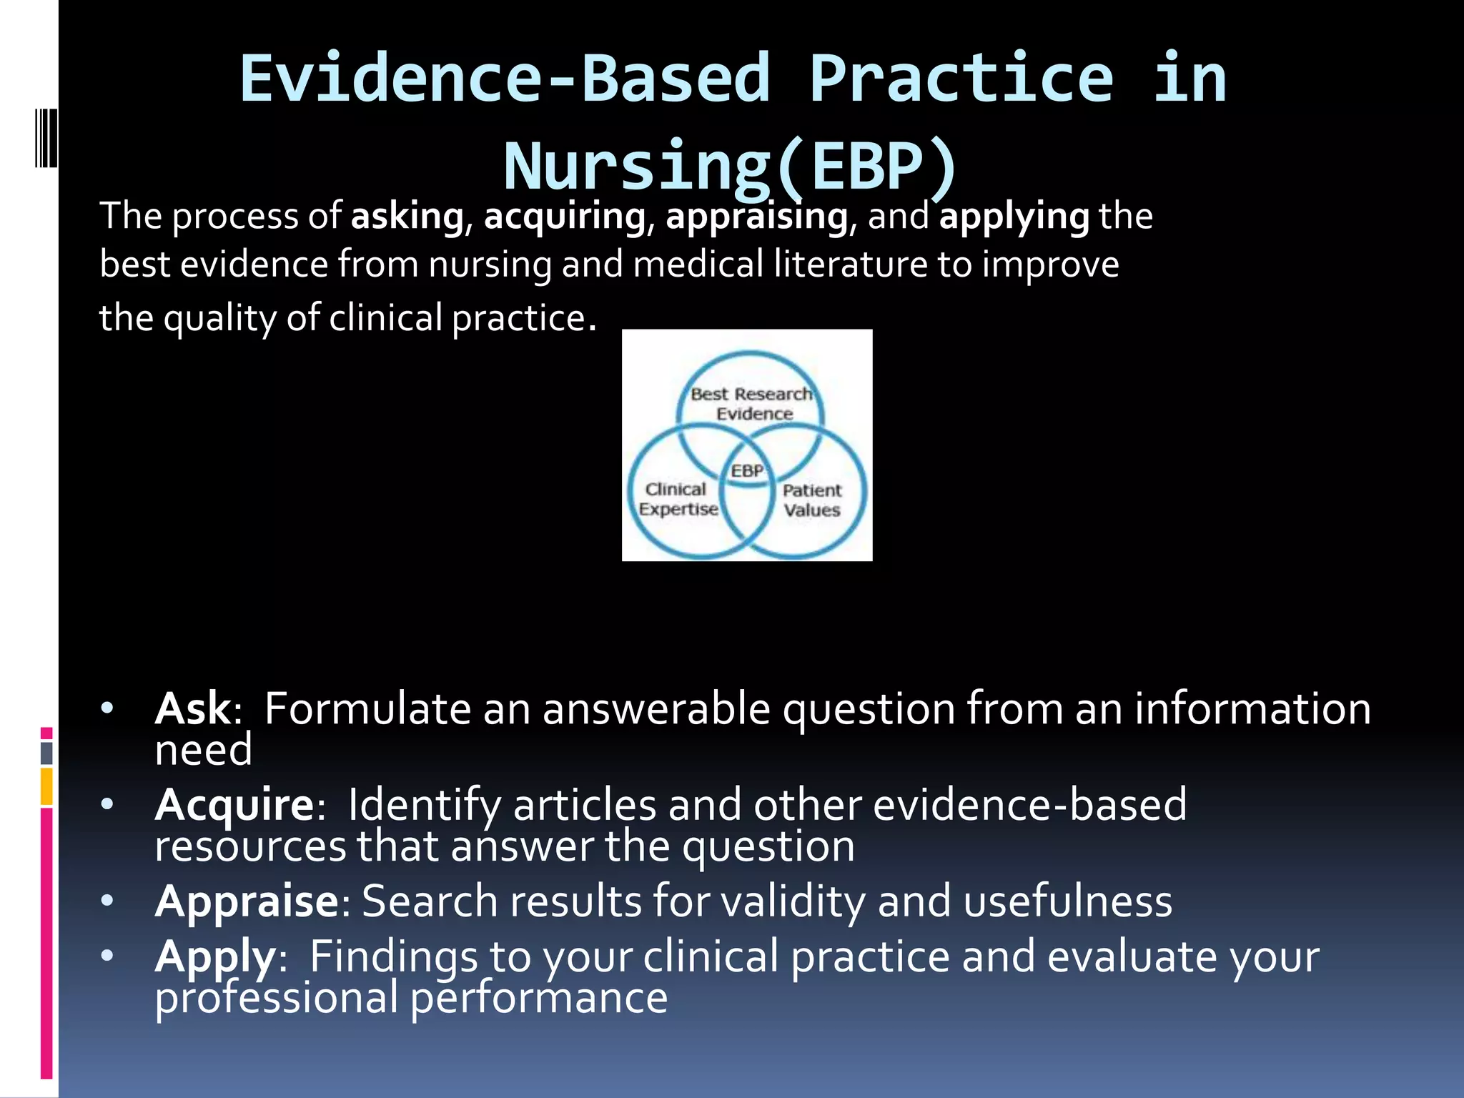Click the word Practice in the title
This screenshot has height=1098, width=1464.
tap(961, 80)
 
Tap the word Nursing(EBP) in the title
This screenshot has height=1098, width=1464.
tap(731, 167)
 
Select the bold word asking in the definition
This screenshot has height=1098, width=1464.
tap(407, 217)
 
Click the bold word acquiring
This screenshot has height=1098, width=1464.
tap(565, 217)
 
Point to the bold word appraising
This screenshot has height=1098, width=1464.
tap(756, 217)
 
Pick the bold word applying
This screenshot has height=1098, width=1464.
tap(1014, 217)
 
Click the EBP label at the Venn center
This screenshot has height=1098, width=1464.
tap(747, 471)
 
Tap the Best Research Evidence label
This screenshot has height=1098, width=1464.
tap(752, 404)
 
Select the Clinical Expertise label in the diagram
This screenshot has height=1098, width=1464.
tap(678, 499)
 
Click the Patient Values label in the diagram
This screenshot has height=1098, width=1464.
tap(812, 500)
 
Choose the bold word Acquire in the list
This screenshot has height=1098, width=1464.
tap(234, 806)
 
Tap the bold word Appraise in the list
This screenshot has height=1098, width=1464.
tap(247, 901)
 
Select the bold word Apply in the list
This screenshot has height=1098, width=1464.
tap(215, 956)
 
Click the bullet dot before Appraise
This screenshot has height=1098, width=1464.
tap(107, 901)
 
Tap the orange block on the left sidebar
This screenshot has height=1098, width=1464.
tap(46, 786)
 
